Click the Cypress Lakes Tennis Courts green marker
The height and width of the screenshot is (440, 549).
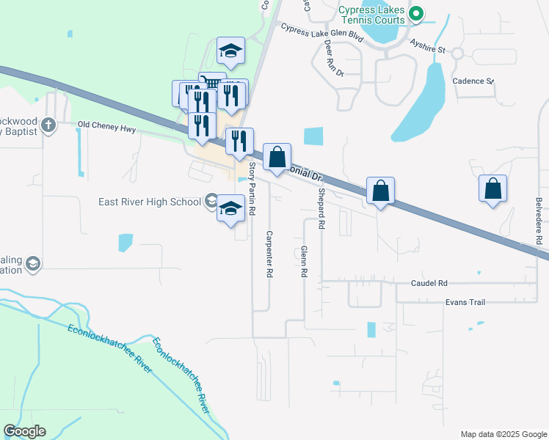click(416, 13)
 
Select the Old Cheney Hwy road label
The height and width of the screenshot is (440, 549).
click(107, 125)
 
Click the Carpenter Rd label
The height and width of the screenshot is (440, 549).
click(269, 254)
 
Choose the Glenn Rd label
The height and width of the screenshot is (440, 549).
click(303, 261)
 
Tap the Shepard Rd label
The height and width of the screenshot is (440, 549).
click(321, 209)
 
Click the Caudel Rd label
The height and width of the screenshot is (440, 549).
click(429, 283)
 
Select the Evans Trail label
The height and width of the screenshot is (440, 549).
click(465, 301)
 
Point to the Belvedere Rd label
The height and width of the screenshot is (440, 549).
click(538, 220)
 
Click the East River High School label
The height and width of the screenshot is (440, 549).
click(153, 202)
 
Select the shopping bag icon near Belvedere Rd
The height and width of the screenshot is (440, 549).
click(493, 188)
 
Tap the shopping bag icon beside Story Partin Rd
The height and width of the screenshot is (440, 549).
click(277, 157)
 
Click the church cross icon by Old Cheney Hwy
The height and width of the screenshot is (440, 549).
click(49, 125)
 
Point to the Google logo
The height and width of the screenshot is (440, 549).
click(24, 431)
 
